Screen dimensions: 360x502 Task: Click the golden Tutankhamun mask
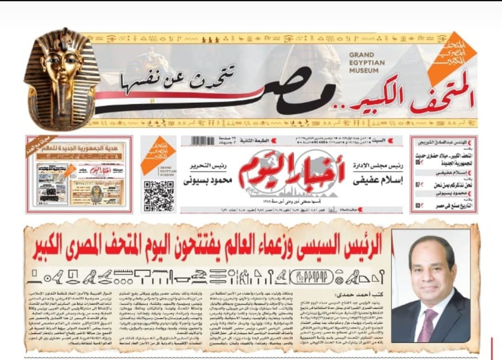(63, 79)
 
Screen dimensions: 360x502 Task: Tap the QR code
(159, 196)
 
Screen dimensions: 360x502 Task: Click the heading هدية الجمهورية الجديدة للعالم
(81, 147)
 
